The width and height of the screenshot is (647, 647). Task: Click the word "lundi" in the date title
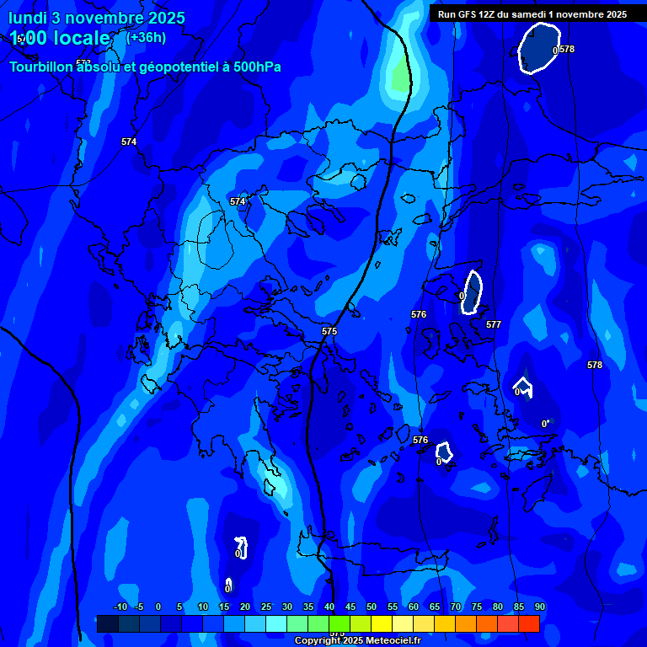click(28, 18)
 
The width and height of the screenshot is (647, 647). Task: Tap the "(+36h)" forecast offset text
click(146, 37)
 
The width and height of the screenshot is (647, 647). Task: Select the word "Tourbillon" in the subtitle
click(42, 67)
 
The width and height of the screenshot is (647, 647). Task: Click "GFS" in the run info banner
click(467, 14)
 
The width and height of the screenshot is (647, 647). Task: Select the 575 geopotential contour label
click(329, 331)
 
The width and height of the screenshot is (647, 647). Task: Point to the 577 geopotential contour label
click(494, 324)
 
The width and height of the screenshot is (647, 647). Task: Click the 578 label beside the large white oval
click(567, 49)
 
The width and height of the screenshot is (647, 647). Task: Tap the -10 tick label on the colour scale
click(120, 607)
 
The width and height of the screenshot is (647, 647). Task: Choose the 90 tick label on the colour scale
click(539, 607)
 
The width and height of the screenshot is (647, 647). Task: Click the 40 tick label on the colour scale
click(329, 607)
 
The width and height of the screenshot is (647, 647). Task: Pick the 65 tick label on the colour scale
click(434, 607)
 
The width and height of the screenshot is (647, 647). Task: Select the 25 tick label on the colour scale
click(266, 607)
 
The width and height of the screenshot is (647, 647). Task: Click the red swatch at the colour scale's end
click(528, 623)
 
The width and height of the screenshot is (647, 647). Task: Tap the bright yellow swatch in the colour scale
click(381, 623)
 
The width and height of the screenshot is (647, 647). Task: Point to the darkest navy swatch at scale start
click(107, 623)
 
